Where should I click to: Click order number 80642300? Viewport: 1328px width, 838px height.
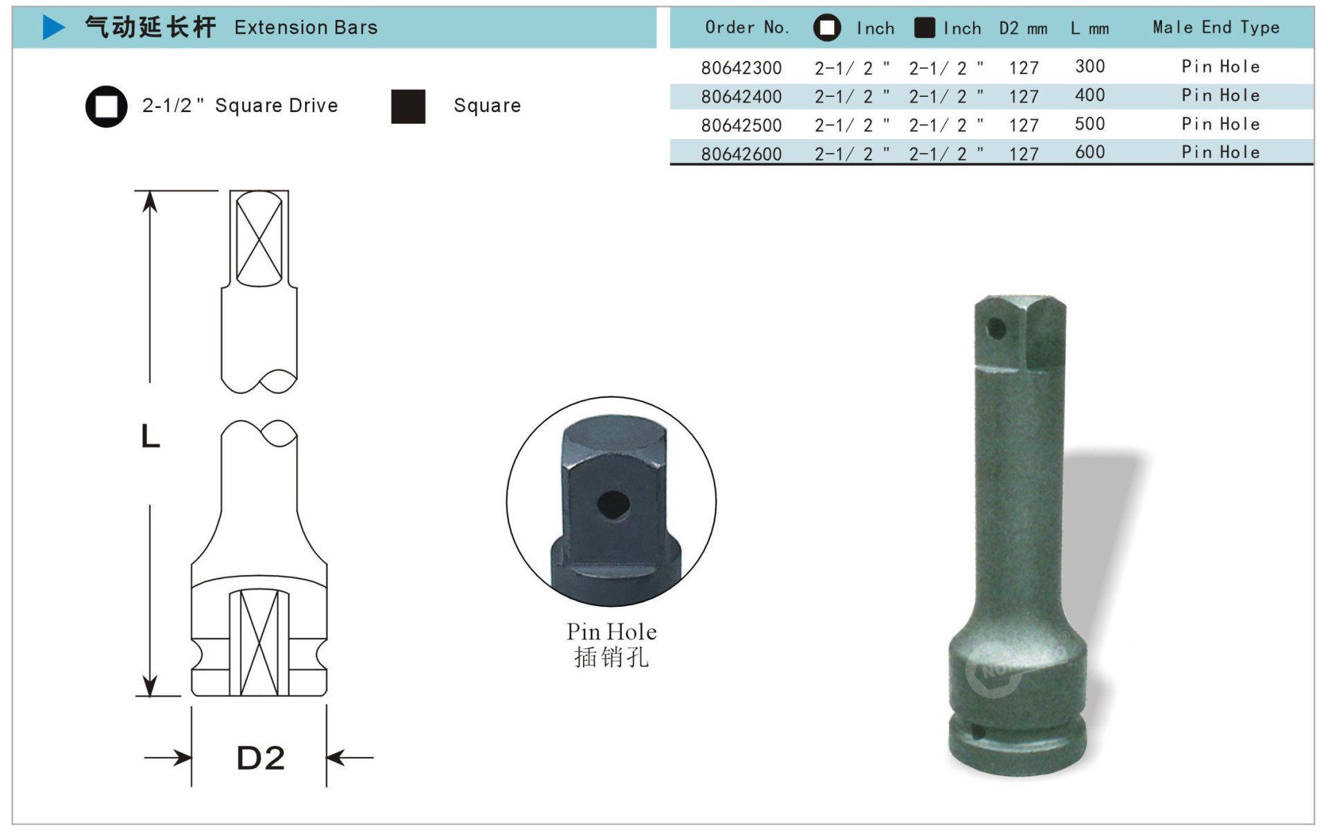[x=741, y=68]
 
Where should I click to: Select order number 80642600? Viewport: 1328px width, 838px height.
[x=741, y=154]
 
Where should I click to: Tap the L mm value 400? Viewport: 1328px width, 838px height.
[x=1090, y=95]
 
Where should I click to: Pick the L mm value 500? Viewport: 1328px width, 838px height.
[x=1090, y=124]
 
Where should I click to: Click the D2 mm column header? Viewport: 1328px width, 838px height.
[x=1023, y=28]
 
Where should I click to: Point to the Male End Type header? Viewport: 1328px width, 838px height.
[x=1216, y=28]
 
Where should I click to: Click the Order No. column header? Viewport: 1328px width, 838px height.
[x=747, y=28]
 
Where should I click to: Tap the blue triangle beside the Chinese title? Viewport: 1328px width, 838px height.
[x=53, y=27]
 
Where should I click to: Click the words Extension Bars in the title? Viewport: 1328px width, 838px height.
[x=306, y=28]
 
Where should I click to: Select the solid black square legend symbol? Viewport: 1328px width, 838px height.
[x=408, y=107]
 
